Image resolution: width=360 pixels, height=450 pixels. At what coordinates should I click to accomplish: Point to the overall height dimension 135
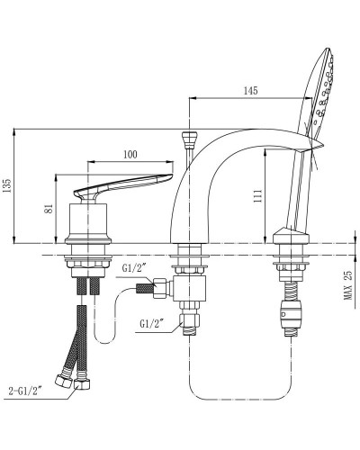point(9,185)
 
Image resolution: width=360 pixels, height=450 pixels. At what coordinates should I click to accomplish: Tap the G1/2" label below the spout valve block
point(151,324)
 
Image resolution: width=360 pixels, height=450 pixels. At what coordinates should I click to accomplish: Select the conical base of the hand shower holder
point(290,236)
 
